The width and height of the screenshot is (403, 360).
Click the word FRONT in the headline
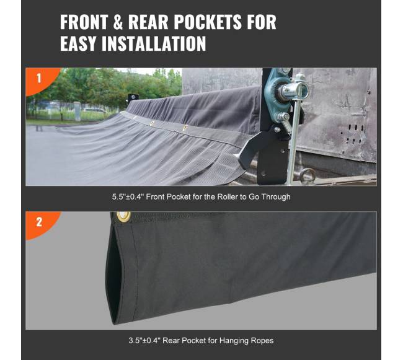pos(84,22)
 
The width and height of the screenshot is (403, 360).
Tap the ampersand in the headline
pos(118,22)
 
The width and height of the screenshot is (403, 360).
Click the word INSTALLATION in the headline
pos(154,43)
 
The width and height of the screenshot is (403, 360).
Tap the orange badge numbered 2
pos(40,222)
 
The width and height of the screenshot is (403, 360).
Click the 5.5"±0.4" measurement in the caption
pos(128,197)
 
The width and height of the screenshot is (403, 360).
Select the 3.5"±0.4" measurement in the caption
pos(144,341)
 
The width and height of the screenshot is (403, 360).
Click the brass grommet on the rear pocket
pos(123,216)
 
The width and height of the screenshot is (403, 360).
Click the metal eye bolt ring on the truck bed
pos(306,174)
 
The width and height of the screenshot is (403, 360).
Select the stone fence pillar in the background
pos(77,111)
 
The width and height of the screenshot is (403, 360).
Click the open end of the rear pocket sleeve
pos(113,283)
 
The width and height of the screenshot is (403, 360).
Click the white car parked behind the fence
pos(94,111)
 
